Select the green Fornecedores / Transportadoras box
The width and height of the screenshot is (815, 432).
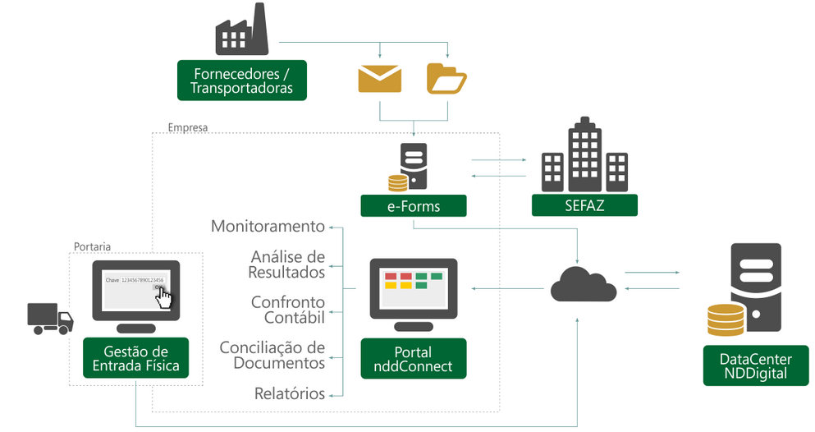click(x=241, y=80)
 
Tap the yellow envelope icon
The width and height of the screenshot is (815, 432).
click(x=379, y=78)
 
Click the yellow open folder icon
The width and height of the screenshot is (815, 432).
click(x=446, y=78)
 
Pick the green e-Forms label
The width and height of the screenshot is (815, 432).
click(x=414, y=206)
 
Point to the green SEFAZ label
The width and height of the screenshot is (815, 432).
click(x=584, y=205)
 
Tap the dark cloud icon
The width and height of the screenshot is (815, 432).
click(x=583, y=284)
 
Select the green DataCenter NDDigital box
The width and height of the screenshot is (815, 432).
click(x=755, y=365)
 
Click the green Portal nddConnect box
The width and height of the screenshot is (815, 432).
click(x=414, y=359)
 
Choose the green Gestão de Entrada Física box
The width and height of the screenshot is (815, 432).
click(x=135, y=359)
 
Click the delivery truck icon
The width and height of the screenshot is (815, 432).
click(x=49, y=319)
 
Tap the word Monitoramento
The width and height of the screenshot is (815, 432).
click(x=268, y=227)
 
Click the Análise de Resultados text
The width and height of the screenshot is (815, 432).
click(x=286, y=264)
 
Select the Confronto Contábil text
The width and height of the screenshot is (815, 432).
click(x=287, y=310)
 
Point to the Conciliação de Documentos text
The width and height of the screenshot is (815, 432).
click(x=272, y=355)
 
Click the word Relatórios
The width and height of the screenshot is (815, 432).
click(x=289, y=393)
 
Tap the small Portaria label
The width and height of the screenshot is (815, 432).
click(x=92, y=246)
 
